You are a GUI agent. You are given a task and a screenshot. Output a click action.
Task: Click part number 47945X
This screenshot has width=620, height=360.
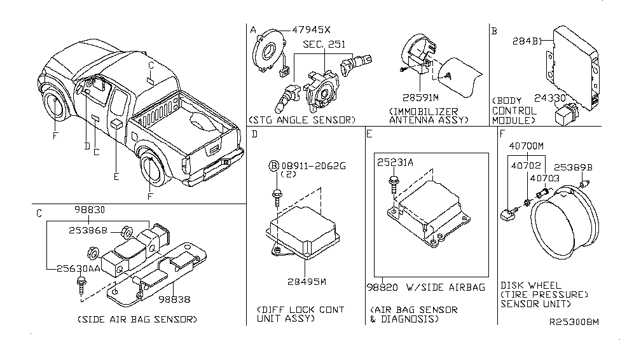click(312, 30)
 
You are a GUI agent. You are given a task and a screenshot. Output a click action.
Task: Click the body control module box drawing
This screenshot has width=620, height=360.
click(570, 60)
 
